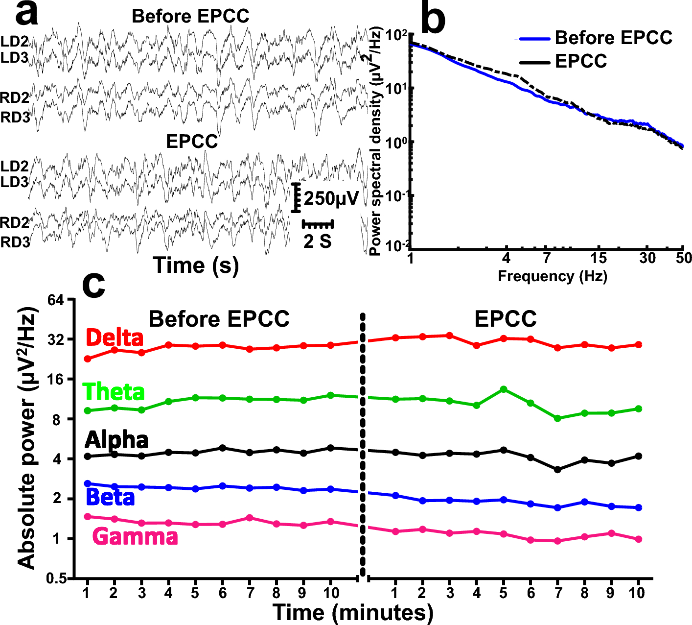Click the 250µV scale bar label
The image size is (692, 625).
click(x=331, y=198)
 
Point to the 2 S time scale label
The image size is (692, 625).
click(x=317, y=241)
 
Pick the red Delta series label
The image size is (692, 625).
click(x=115, y=338)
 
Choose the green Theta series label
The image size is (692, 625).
click(x=114, y=392)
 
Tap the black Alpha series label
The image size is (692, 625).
click(x=116, y=440)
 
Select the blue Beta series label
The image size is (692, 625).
click(x=110, y=498)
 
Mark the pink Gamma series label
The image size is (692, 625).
click(x=135, y=537)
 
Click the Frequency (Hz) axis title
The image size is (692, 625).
click(x=552, y=276)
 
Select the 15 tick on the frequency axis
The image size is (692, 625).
click(x=598, y=258)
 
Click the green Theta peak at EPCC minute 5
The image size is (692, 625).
click(x=503, y=389)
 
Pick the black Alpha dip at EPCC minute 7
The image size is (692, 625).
click(x=557, y=469)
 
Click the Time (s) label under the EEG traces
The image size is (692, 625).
click(x=196, y=265)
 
